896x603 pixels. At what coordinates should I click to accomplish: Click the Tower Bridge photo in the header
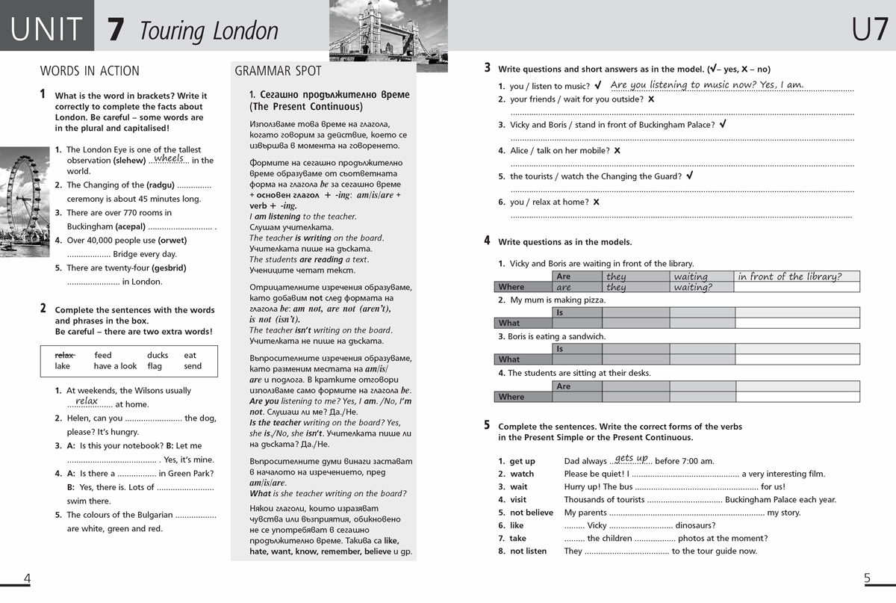pyautogui.click(x=388, y=35)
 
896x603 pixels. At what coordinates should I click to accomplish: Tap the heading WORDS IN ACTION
pyautogui.click(x=90, y=71)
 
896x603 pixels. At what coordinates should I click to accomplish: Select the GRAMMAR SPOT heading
pyautogui.click(x=278, y=71)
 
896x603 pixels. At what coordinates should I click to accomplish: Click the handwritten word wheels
pyautogui.click(x=169, y=158)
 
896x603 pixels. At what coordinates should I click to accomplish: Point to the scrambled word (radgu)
pyautogui.click(x=160, y=185)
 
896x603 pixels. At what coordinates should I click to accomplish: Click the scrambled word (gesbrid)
pyautogui.click(x=169, y=268)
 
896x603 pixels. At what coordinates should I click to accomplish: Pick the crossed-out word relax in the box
pyautogui.click(x=65, y=355)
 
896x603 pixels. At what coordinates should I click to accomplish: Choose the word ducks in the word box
pyautogui.click(x=158, y=355)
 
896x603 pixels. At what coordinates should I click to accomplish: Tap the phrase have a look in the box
pyautogui.click(x=115, y=366)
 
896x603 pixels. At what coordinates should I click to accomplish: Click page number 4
pyautogui.click(x=28, y=578)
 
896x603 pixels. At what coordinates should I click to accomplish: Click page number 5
pyautogui.click(x=867, y=578)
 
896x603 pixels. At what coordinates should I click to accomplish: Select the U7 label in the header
pyautogui.click(x=870, y=30)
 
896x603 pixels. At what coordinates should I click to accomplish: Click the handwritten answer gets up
pyautogui.click(x=632, y=458)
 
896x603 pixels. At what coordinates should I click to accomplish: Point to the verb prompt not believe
pyautogui.click(x=531, y=513)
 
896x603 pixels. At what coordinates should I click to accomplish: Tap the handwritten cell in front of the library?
pyautogui.click(x=789, y=276)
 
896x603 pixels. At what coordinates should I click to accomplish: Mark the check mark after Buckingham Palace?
pyautogui.click(x=723, y=124)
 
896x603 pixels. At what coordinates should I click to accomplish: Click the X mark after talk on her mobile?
pyautogui.click(x=617, y=151)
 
